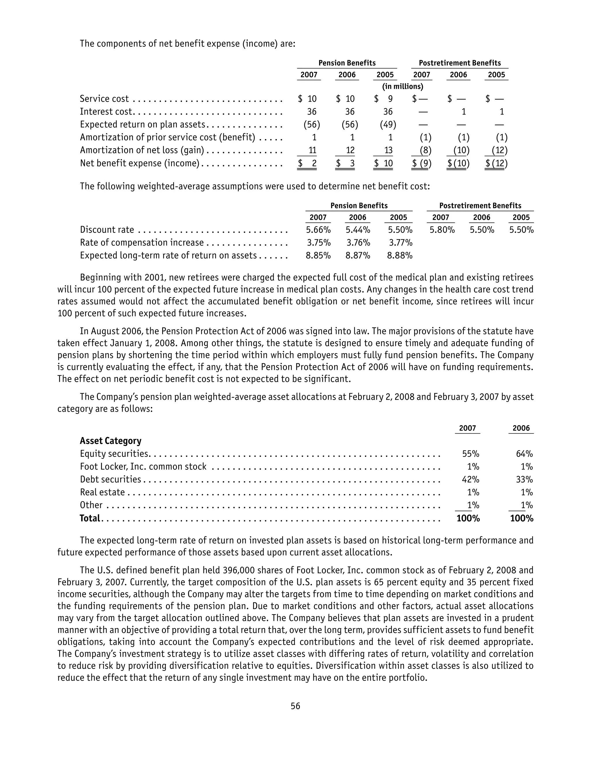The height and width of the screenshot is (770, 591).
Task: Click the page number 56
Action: coord(295,706)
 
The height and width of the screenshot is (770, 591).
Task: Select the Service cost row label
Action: coord(104,99)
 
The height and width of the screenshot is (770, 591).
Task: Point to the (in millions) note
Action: coord(403,87)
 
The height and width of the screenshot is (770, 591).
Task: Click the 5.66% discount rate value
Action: coord(318,230)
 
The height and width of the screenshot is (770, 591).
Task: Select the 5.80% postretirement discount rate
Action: coord(442,230)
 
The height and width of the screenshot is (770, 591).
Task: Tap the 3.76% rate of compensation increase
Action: coord(358,243)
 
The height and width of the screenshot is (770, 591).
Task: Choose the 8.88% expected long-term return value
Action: coord(400,256)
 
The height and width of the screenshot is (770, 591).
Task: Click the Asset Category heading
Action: coord(111,441)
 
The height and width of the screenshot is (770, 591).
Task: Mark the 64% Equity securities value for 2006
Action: coord(524,454)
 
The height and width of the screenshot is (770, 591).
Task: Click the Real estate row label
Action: coord(102,492)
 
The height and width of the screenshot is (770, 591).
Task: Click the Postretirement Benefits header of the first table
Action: coord(459,63)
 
